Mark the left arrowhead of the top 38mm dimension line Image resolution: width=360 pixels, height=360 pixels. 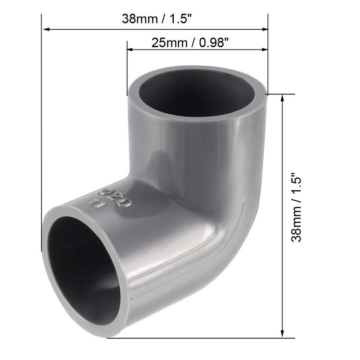pos(45,30)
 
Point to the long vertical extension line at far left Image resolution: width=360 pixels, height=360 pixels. pos(42,135)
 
